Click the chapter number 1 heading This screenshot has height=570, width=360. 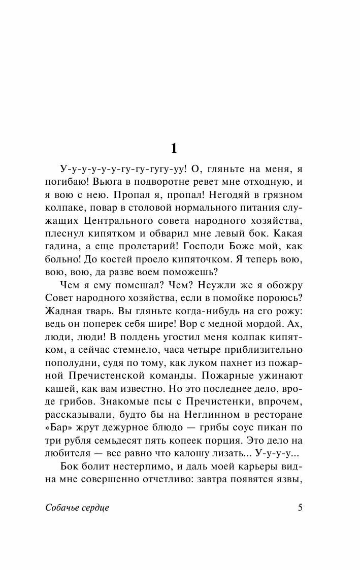(174, 148)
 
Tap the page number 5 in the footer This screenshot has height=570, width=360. (300, 508)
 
